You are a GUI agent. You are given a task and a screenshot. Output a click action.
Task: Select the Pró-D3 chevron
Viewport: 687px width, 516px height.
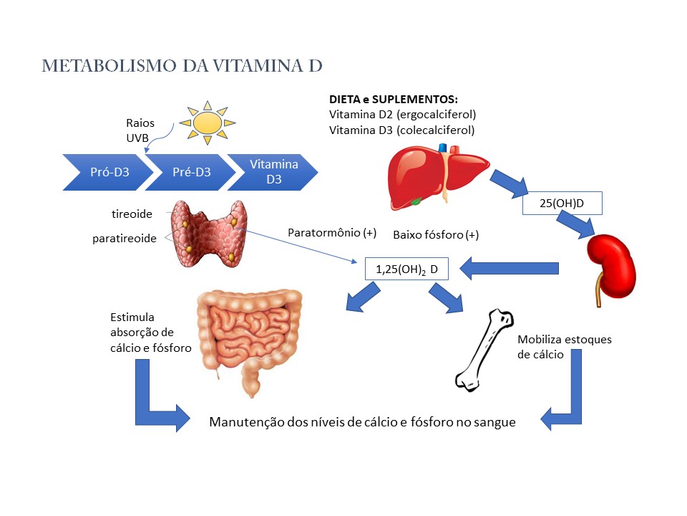point(109,173)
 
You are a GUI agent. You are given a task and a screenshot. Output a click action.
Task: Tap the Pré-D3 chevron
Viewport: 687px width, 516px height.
point(192,173)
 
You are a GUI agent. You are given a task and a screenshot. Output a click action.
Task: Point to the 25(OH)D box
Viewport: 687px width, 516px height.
point(562,204)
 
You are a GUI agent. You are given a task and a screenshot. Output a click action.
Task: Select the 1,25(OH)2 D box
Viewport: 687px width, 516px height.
point(406,269)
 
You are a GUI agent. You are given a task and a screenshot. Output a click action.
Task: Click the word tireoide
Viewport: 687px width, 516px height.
point(132,214)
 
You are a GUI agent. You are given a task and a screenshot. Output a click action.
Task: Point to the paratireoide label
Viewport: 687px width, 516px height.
point(125,238)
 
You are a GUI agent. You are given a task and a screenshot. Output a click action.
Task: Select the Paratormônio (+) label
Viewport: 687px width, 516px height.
point(331,233)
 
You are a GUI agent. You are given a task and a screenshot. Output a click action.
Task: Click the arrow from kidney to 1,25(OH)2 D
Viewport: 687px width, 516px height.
point(509,269)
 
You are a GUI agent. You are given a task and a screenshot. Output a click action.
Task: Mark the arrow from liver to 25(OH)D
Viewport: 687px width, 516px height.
point(510,184)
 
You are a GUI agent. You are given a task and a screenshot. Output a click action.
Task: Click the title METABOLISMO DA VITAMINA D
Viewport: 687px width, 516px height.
point(182,66)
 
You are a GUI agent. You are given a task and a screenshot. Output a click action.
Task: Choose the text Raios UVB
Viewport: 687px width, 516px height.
point(140,130)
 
